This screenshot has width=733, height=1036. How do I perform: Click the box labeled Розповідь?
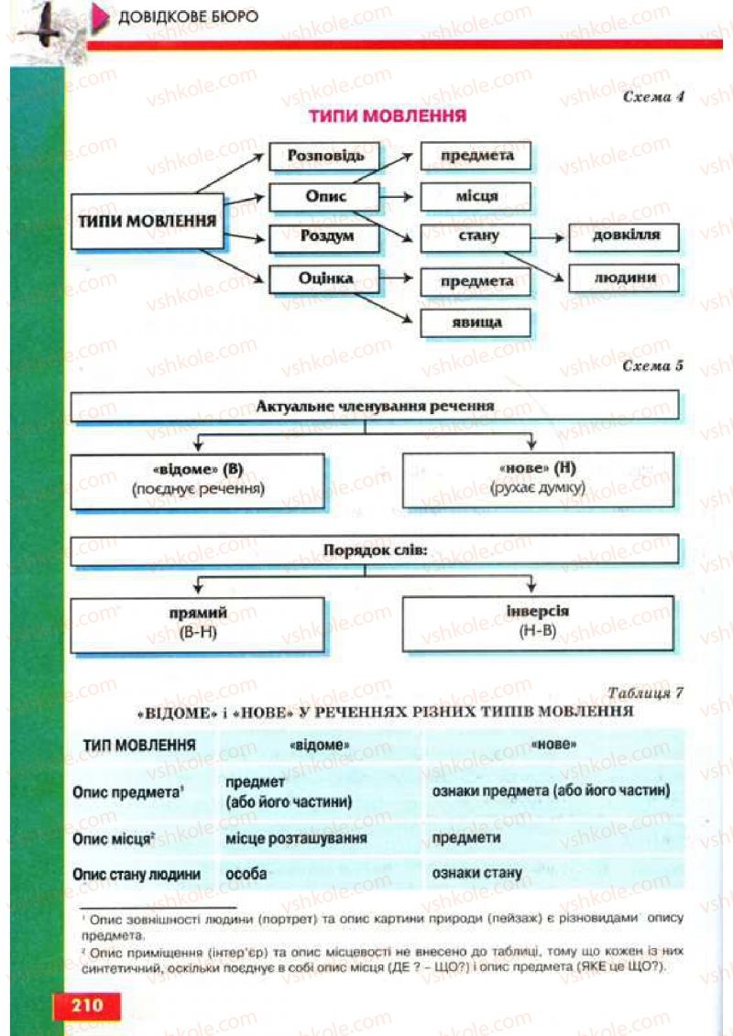pyautogui.click(x=324, y=156)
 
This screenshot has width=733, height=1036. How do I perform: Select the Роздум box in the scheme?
pyautogui.click(x=324, y=237)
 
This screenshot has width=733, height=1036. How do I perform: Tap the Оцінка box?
pyautogui.click(x=324, y=278)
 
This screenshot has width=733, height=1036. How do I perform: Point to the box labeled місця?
pyautogui.click(x=476, y=196)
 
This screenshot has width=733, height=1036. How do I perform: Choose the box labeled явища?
pyautogui.click(x=476, y=322)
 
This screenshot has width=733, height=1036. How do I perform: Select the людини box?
pyautogui.click(x=624, y=278)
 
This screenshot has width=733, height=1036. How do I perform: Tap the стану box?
pyautogui.click(x=476, y=237)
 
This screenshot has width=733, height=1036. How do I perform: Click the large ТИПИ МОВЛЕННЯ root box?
pyautogui.click(x=148, y=221)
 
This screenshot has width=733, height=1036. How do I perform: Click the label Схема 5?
pyautogui.click(x=652, y=365)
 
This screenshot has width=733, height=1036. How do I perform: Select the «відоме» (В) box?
pyautogui.click(x=198, y=479)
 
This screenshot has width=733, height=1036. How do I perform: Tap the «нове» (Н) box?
pyautogui.click(x=539, y=479)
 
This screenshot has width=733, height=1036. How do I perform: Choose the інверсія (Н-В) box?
pyautogui.click(x=539, y=622)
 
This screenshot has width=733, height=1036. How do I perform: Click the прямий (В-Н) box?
pyautogui.click(x=198, y=624)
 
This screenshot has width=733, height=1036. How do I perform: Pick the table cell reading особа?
pyautogui.click(x=246, y=874)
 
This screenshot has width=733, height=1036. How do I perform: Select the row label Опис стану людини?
pyautogui.click(x=137, y=874)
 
